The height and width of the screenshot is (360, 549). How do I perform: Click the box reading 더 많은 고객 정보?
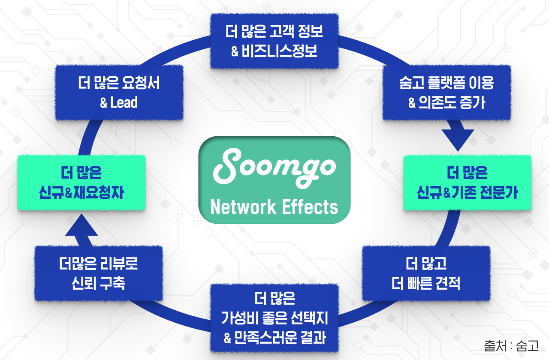click(x=274, y=42)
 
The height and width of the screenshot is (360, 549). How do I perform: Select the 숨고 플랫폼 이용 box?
click(x=446, y=93)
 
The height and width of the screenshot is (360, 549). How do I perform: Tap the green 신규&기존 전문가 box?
click(x=467, y=183)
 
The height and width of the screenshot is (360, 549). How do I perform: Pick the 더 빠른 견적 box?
click(x=426, y=273)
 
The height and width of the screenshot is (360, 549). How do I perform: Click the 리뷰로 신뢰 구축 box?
click(x=99, y=273)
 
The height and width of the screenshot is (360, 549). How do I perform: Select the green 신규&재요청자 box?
click(x=81, y=183)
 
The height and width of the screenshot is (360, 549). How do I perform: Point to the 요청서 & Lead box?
click(x=119, y=93)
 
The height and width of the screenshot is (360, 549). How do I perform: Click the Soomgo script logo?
click(x=274, y=167)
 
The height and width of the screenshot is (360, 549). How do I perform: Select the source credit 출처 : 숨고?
click(x=511, y=345)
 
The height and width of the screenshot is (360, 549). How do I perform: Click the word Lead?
click(x=124, y=103)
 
